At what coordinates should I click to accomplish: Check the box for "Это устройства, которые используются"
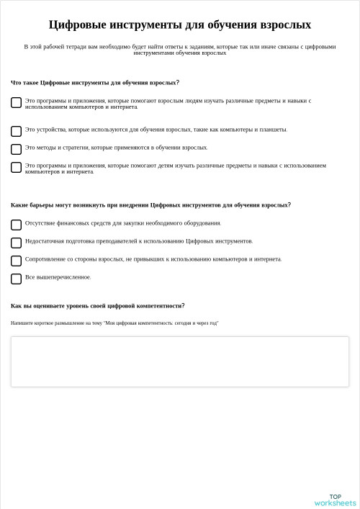point(16,131)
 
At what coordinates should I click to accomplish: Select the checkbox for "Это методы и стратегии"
point(16,149)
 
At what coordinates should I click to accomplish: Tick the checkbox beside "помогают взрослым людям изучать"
point(16,103)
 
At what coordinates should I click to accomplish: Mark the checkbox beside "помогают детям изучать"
point(16,168)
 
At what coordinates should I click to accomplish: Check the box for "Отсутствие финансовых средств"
point(16,225)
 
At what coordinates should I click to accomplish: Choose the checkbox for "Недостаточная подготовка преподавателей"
point(16,243)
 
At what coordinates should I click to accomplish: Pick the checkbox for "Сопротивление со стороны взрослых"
point(16,261)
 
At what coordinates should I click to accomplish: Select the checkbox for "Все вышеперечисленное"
point(16,279)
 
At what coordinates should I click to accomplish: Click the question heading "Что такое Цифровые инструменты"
point(95,83)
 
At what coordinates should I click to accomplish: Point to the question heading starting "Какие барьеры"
point(150,205)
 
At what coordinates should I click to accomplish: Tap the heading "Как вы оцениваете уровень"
point(97,306)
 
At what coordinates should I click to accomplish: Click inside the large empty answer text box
point(179,361)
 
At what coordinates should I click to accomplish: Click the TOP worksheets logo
point(335,500)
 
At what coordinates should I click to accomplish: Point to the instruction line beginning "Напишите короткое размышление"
point(114,323)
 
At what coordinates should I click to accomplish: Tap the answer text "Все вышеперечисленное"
point(58,277)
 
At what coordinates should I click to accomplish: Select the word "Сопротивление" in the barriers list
point(42,259)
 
